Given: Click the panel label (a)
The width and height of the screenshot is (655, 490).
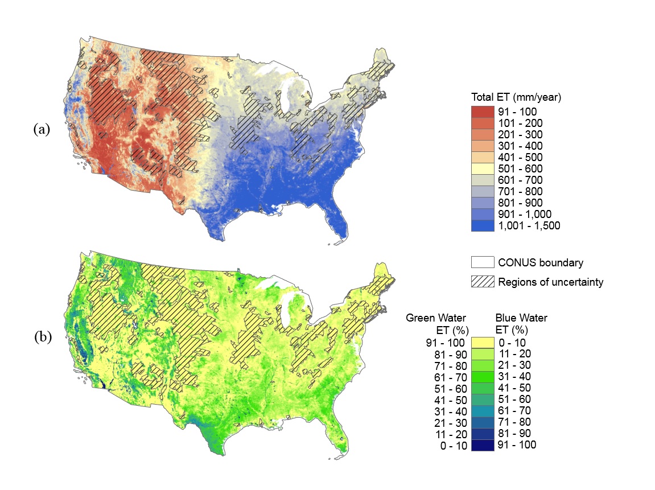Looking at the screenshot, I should pyautogui.click(x=42, y=129).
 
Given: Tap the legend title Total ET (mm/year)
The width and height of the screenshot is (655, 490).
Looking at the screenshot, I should pyautogui.click(x=516, y=97).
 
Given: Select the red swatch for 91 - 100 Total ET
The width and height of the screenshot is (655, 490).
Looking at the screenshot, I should pyautogui.click(x=483, y=112).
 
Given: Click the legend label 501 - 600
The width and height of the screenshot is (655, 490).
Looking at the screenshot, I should pyautogui.click(x=520, y=169).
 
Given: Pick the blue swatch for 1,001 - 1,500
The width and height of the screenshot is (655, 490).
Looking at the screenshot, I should pyautogui.click(x=483, y=226).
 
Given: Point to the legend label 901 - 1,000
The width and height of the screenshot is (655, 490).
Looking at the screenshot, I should pyautogui.click(x=524, y=215).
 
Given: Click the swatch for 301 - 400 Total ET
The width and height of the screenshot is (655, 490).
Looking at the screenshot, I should pyautogui.click(x=483, y=146).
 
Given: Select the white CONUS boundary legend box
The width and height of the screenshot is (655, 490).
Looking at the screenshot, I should pyautogui.click(x=483, y=262).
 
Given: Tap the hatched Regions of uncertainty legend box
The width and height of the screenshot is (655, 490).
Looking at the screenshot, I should pyautogui.click(x=483, y=282).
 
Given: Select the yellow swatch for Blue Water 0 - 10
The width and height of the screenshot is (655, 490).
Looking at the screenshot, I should pyautogui.click(x=483, y=343).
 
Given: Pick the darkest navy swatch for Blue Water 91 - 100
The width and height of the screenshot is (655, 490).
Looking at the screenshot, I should pyautogui.click(x=483, y=445).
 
